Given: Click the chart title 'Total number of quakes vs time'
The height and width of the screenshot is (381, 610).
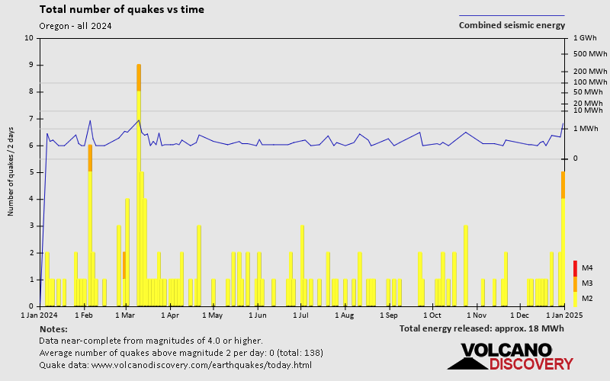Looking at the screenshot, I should pos(121,10).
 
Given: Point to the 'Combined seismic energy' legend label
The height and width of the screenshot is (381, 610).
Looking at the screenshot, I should pos(512,25).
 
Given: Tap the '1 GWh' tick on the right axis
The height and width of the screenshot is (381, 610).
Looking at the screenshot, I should pos(584,38).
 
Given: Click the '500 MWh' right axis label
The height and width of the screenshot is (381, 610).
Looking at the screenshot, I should pos(588,53).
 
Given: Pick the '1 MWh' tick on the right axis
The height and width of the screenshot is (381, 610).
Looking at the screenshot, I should pos(586,128).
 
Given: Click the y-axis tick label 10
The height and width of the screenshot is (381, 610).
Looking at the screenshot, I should pos(29,38).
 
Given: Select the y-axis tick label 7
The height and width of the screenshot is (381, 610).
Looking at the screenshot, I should pos(31,119).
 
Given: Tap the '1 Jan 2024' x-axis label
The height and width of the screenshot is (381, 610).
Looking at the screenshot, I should pos(40,314).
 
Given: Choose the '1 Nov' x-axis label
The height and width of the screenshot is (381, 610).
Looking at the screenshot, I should pos(477,314).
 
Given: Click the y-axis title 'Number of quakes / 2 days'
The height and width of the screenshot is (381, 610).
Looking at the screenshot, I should pos(11,171).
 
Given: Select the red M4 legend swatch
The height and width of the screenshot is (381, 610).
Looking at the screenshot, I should pos(576,268).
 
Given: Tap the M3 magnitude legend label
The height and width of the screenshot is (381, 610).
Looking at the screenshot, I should pos(587,283).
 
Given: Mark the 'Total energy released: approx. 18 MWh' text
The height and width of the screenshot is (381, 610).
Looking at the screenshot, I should pos(481,328).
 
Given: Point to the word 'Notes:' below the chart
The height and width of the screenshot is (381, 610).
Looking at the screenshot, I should pos(53,328).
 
